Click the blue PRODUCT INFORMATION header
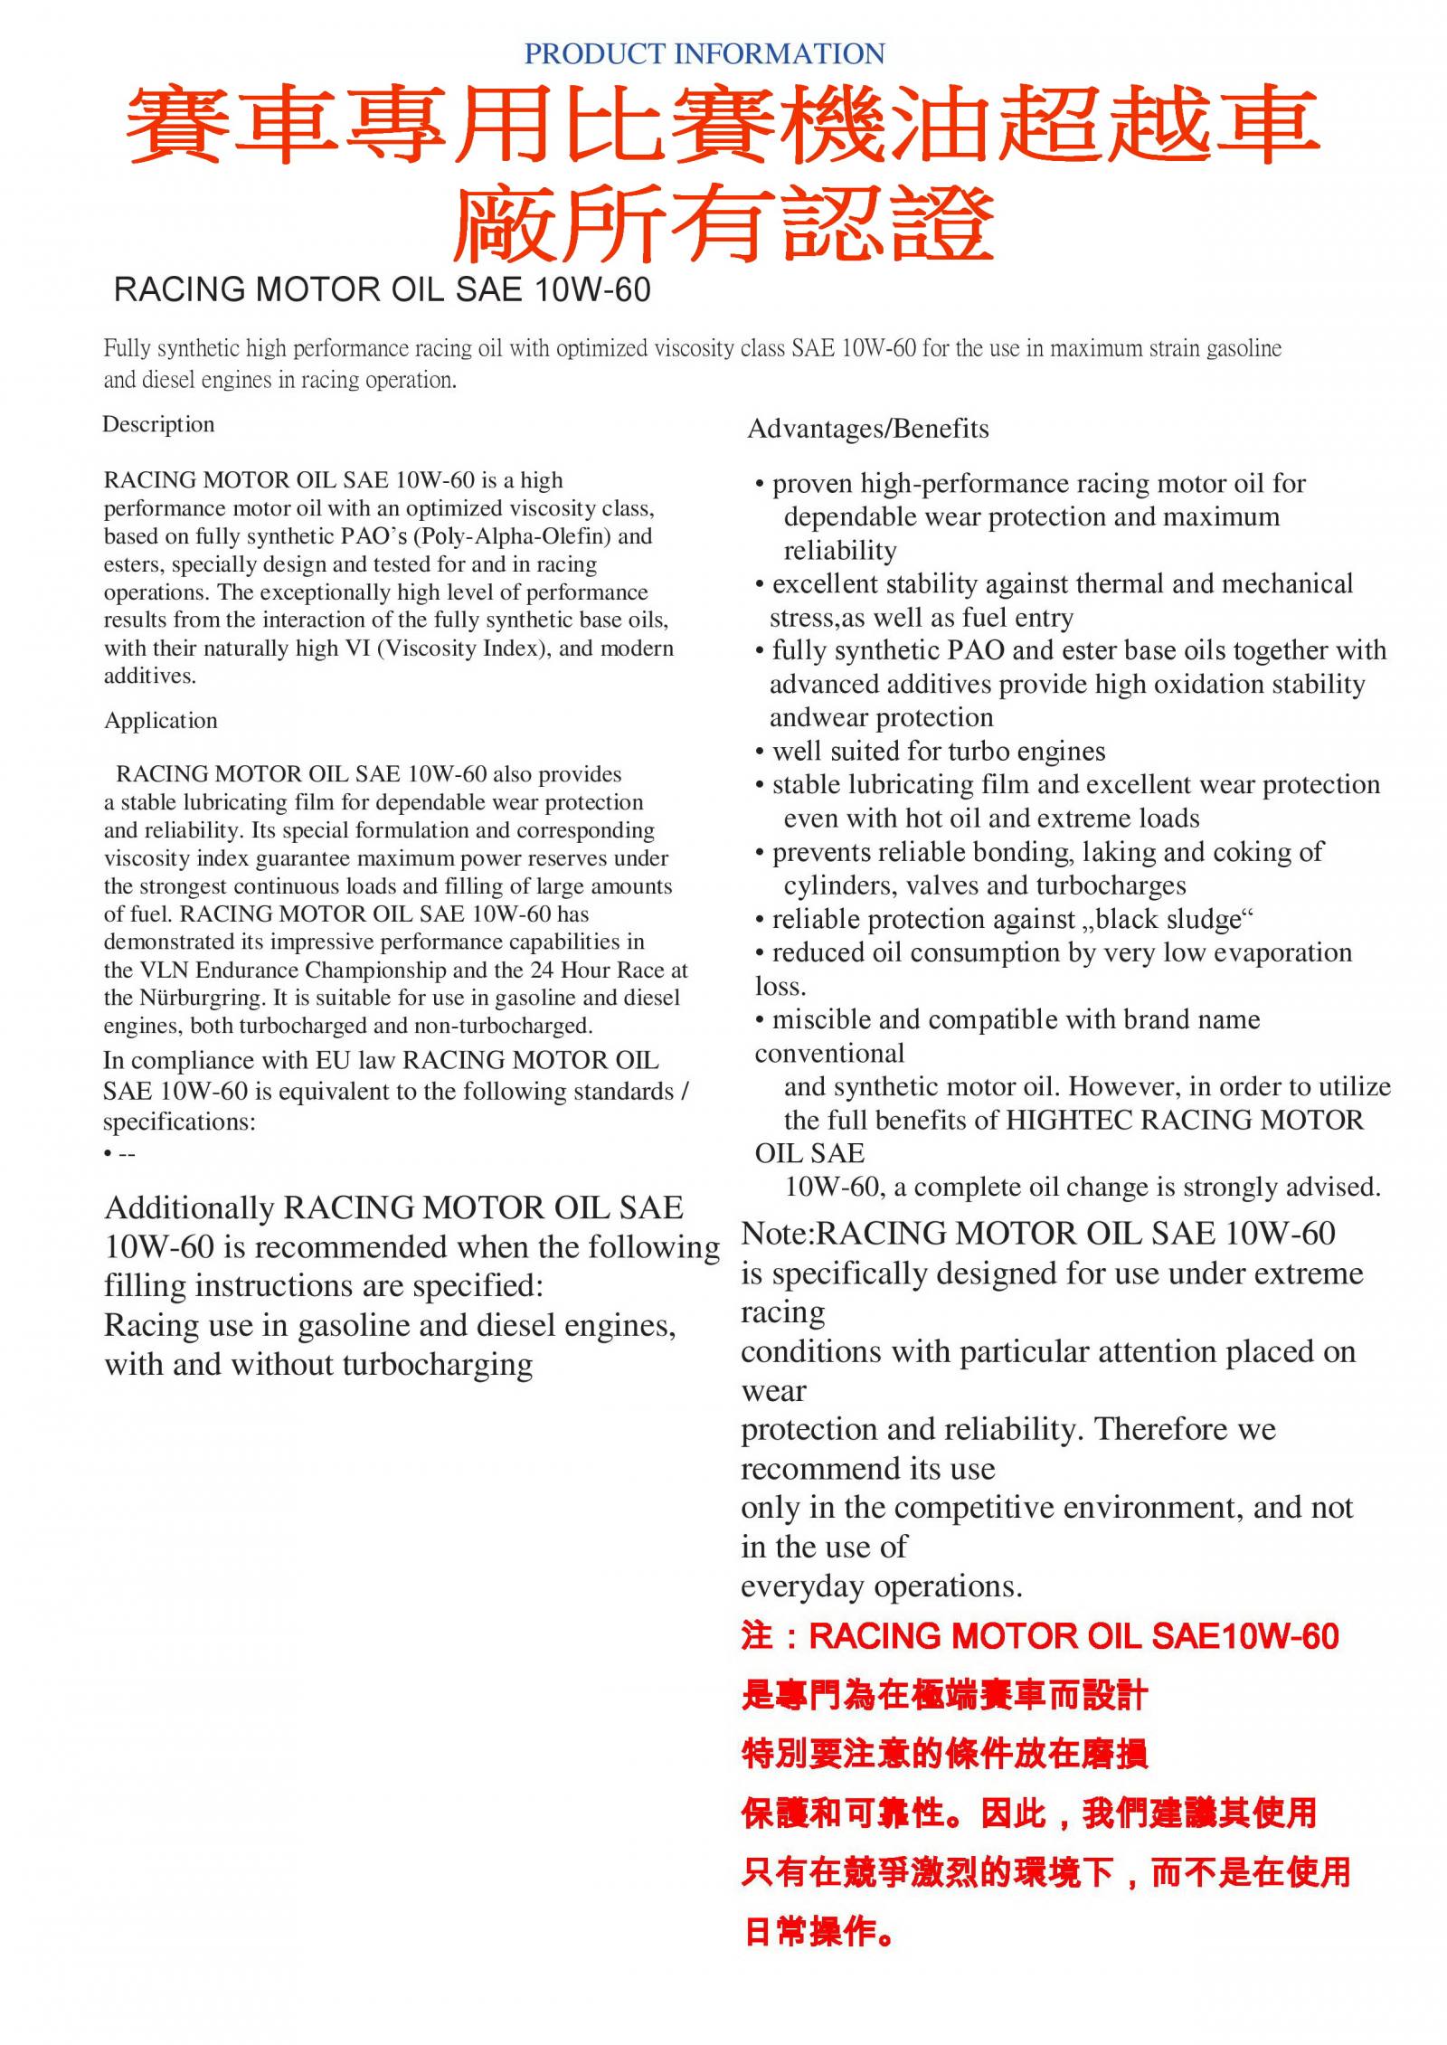[x=705, y=54]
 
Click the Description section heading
[x=158, y=424]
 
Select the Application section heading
[x=161, y=720]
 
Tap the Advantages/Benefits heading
[x=868, y=429]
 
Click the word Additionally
[x=189, y=1208]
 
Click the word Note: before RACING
[x=778, y=1234]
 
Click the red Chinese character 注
[x=757, y=1636]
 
